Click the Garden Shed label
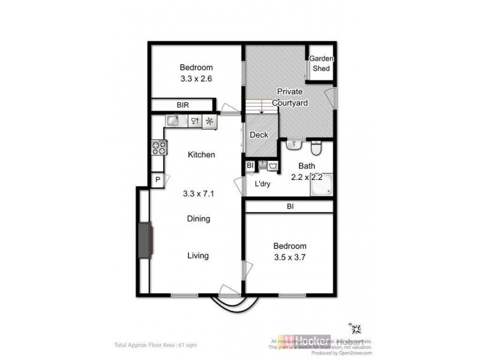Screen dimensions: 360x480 pyautogui.click(x=321, y=64)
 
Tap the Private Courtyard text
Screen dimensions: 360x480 pyautogui.click(x=290, y=97)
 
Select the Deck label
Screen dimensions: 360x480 pyautogui.click(x=259, y=135)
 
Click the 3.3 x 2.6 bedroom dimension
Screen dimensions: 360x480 pyautogui.click(x=196, y=79)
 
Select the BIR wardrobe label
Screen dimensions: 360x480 pyautogui.click(x=182, y=105)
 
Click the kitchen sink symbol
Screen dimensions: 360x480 pyautogui.click(x=173, y=121)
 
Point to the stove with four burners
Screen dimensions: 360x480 pyautogui.click(x=158, y=148)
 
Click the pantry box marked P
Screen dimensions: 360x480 pyautogui.click(x=157, y=179)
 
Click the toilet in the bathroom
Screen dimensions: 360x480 pyautogui.click(x=317, y=147)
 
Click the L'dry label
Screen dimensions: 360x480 pyautogui.click(x=262, y=184)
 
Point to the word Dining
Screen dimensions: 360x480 pyautogui.click(x=198, y=219)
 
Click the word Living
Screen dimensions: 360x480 pyautogui.click(x=198, y=256)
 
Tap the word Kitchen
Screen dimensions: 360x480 pyautogui.click(x=201, y=155)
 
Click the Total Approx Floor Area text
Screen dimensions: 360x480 pyautogui.click(x=155, y=345)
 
